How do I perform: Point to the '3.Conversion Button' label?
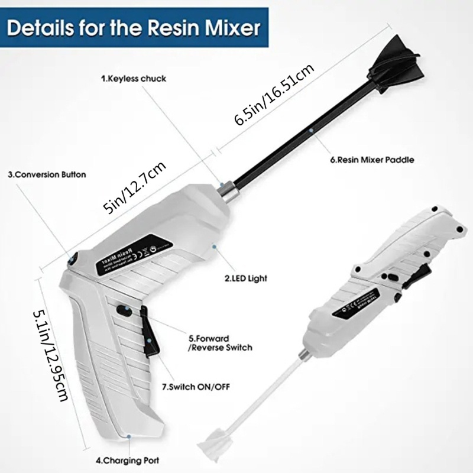pyautogui.click(x=47, y=175)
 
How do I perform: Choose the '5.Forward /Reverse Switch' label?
pyautogui.click(x=220, y=343)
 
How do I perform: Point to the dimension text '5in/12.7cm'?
pyautogui.click(x=134, y=188)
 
